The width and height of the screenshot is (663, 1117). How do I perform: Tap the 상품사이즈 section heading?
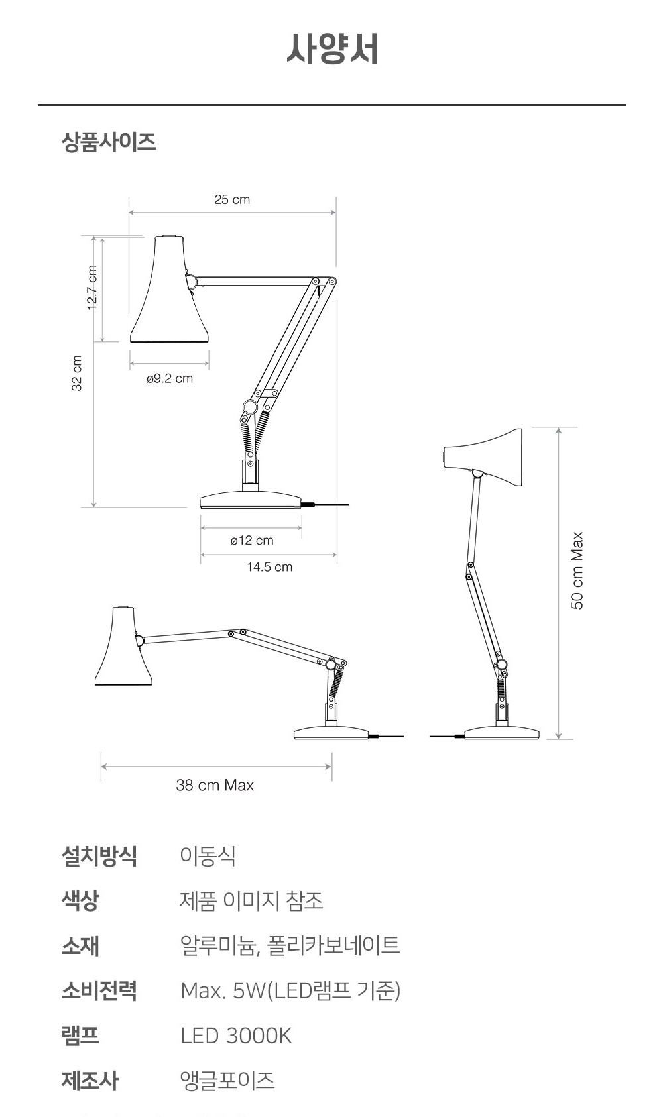[109, 142]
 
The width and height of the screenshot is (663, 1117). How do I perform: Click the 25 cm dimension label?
[232, 199]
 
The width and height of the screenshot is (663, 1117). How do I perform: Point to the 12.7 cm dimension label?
[92, 288]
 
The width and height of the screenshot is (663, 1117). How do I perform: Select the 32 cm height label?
[77, 374]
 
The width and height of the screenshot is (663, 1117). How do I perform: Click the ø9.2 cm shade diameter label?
[170, 378]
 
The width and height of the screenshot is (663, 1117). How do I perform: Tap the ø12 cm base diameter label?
[252, 541]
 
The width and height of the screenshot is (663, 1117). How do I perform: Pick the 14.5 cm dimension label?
[269, 567]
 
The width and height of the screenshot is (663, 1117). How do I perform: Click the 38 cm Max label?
[215, 785]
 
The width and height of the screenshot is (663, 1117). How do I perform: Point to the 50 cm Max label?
[577, 570]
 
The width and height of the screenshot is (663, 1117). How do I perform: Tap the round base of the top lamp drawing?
[251, 500]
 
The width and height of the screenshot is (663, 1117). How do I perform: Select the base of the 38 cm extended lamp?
[331, 733]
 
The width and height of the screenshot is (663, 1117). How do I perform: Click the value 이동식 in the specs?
[208, 855]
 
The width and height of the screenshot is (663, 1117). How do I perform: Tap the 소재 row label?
[80, 945]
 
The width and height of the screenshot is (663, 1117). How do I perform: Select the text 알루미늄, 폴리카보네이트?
[290, 945]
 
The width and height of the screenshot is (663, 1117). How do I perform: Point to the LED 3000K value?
[235, 1036]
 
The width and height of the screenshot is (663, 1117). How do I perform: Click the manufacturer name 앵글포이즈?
[227, 1081]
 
